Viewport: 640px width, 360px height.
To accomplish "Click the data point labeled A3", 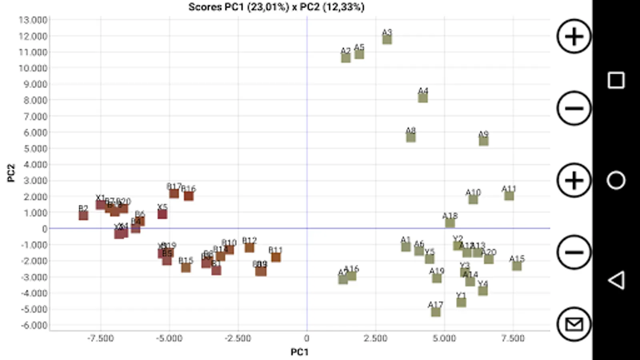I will [x=387, y=39].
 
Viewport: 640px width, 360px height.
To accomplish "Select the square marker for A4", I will [x=423, y=98].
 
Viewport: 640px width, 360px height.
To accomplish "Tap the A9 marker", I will [x=484, y=141].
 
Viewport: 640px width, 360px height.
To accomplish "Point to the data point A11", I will [x=509, y=196].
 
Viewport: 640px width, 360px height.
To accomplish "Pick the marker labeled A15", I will [x=517, y=266].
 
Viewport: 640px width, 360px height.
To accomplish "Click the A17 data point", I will [x=436, y=312].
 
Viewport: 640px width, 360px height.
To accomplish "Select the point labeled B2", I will [x=83, y=216].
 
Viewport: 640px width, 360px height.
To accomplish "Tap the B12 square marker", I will [x=249, y=248].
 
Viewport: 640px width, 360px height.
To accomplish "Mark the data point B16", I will [x=189, y=196].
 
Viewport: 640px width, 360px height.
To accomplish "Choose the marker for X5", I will [x=162, y=214].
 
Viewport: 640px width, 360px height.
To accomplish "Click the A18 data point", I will [x=450, y=223].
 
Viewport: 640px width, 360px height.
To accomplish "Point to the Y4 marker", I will [x=483, y=291].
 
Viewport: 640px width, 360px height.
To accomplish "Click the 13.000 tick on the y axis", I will [x=33, y=20].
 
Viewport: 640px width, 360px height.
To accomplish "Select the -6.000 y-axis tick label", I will [x=34, y=325].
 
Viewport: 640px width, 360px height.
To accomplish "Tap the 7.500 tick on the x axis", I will [x=513, y=338].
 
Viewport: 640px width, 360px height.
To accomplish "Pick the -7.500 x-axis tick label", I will [x=100, y=338].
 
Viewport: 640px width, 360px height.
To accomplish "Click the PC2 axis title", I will [x=11, y=173].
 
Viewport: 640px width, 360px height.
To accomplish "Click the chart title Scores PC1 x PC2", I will [x=276, y=7].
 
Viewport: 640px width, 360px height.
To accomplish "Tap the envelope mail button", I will [x=574, y=324].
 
